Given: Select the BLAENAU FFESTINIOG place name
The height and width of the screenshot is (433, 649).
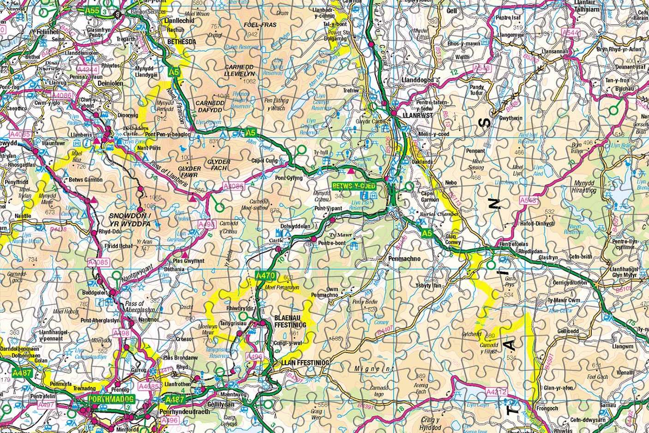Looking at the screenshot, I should coord(290,322).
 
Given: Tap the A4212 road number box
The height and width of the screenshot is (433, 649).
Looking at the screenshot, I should coord(496,392).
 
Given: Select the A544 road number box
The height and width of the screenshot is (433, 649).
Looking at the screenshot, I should coord(570,33).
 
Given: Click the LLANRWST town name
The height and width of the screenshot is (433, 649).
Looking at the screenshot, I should coord(418,115).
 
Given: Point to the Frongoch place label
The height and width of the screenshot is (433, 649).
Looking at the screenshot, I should coord(547,409).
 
